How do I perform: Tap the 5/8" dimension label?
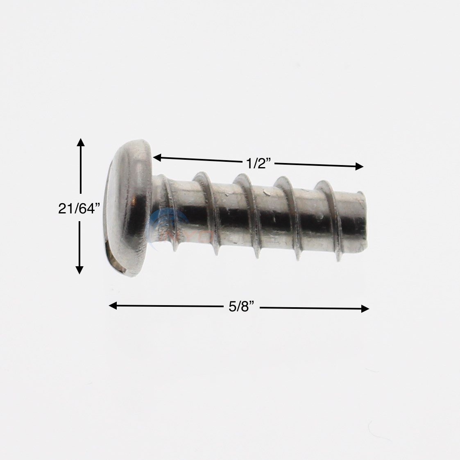(x=241, y=307)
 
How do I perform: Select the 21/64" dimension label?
(x=79, y=208)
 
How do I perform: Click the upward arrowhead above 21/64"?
(x=81, y=142)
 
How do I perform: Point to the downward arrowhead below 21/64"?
(x=79, y=270)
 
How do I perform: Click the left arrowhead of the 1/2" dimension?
(x=157, y=158)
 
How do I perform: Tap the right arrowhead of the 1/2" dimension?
(x=359, y=166)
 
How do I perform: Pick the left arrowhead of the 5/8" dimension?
(x=113, y=306)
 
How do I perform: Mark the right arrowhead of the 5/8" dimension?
(x=365, y=308)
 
